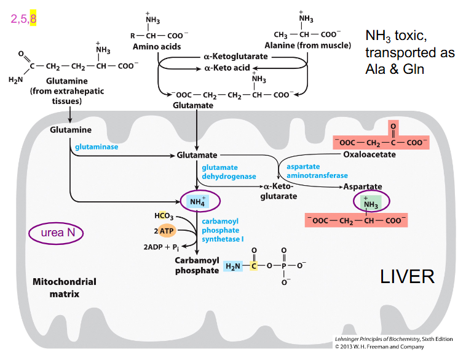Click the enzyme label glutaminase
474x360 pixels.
(97, 147)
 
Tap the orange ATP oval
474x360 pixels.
(167, 231)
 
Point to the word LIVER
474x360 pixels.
(407, 276)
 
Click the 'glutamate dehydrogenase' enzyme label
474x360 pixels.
(228, 172)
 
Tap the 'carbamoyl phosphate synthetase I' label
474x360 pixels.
(223, 230)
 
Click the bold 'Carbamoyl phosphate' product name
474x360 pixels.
(197, 265)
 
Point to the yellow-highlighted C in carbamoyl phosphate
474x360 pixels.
(254, 266)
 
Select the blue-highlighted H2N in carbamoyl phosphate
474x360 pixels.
(234, 266)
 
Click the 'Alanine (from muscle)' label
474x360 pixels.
(307, 46)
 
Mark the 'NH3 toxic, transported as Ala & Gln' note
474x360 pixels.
(409, 52)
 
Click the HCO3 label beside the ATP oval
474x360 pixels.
(164, 216)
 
